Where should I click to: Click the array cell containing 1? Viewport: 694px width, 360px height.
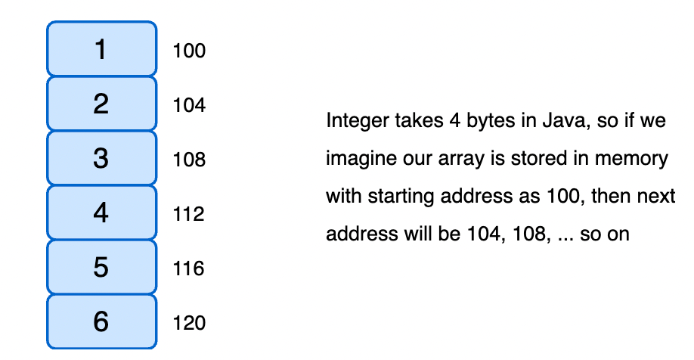click(x=101, y=49)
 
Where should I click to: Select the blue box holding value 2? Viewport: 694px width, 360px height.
click(x=101, y=104)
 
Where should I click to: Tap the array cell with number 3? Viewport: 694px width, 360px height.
click(x=101, y=158)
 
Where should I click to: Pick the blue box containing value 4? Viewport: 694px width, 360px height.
click(x=101, y=213)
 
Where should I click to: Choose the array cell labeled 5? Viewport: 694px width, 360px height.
click(x=101, y=267)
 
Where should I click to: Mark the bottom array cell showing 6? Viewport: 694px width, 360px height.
click(x=101, y=321)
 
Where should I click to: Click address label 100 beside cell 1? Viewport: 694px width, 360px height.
click(x=189, y=51)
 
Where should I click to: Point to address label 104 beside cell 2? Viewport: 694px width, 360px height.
click(x=189, y=106)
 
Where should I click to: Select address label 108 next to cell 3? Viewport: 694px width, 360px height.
click(x=189, y=160)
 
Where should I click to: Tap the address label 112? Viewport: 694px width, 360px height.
click(x=189, y=215)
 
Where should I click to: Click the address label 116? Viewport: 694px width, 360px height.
click(x=189, y=269)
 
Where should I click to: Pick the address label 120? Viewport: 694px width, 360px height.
click(x=189, y=324)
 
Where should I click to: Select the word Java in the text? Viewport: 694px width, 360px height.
click(x=565, y=121)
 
